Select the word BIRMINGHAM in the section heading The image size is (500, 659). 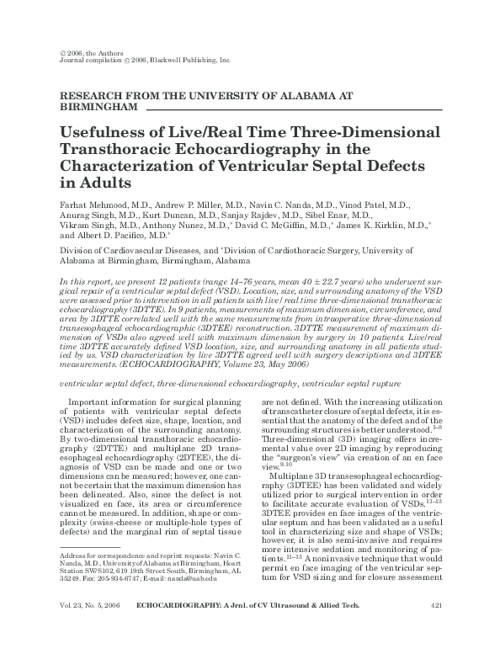point(96,109)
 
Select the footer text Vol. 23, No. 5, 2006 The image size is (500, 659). point(92,630)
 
